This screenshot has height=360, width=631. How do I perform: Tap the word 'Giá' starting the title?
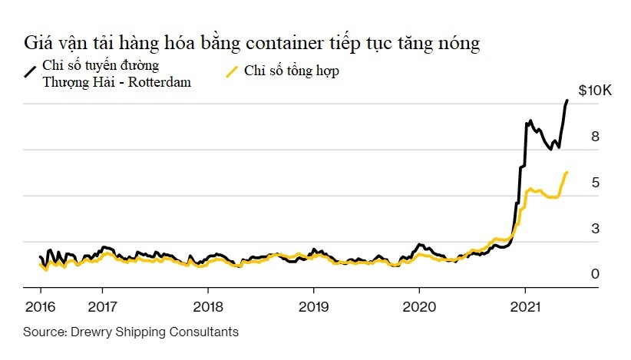pyautogui.click(x=41, y=43)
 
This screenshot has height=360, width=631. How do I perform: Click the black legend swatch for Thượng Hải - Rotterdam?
pyautogui.click(x=31, y=72)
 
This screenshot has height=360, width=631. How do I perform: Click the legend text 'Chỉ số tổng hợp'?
pyautogui.click(x=292, y=71)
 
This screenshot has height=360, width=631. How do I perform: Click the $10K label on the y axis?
pyautogui.click(x=594, y=91)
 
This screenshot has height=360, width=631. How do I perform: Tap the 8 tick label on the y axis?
pyautogui.click(x=594, y=137)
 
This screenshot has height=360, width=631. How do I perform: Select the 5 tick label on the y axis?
pyautogui.click(x=594, y=183)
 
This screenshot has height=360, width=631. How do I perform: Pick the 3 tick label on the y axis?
pyautogui.click(x=594, y=229)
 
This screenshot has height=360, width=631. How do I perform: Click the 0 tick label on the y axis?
pyautogui.click(x=594, y=274)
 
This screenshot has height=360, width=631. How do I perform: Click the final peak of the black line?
pyautogui.click(x=567, y=101)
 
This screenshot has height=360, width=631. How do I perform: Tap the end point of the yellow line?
pyautogui.click(x=567, y=173)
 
